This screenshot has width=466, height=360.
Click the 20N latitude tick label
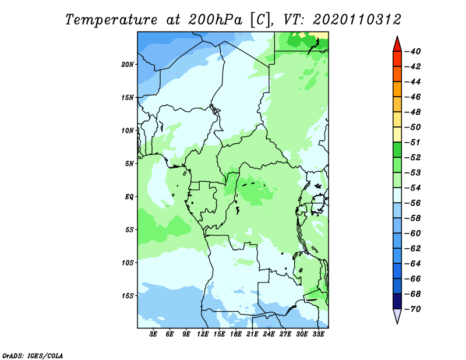click(x=128, y=65)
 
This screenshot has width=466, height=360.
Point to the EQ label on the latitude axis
click(x=129, y=197)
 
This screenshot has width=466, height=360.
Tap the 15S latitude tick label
click(x=128, y=296)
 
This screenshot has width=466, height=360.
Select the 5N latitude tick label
click(x=129, y=164)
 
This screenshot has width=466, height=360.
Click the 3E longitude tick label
click(x=153, y=334)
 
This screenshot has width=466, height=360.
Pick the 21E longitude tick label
click(x=252, y=334)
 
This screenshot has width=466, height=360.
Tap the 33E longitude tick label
click(x=318, y=334)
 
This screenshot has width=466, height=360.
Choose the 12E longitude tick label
click(x=203, y=334)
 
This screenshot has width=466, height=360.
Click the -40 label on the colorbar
click(x=413, y=51)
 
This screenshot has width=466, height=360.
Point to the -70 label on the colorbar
click(x=413, y=309)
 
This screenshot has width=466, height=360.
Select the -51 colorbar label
click(x=413, y=142)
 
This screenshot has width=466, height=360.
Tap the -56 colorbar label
click(x=413, y=203)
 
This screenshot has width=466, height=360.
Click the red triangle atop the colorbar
click(x=397, y=45)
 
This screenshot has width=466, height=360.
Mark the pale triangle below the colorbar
click(x=397, y=315)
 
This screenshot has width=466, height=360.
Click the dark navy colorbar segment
click(x=397, y=301)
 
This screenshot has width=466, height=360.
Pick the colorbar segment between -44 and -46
click(x=397, y=89)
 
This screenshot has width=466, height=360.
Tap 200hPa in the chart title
click(x=215, y=20)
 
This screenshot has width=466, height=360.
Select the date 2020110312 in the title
click(x=356, y=20)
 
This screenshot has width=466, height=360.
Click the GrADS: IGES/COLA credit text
click(x=33, y=355)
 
